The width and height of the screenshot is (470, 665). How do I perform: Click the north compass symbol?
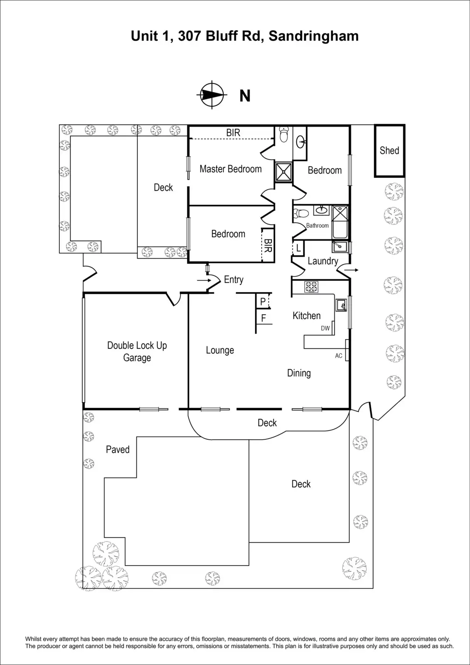tap(212, 95)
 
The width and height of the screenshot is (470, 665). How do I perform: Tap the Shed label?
tap(389, 150)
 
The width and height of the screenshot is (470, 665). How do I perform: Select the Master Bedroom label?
tap(230, 169)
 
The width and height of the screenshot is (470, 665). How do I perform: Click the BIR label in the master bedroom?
tap(233, 133)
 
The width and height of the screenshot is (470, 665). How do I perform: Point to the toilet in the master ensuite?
tap(284, 135)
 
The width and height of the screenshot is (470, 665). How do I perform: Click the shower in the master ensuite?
tap(284, 172)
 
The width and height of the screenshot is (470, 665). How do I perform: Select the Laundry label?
tap(323, 261)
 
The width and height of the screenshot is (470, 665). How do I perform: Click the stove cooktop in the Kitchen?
tap(311, 287)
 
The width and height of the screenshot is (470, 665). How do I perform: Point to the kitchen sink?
tap(342, 305)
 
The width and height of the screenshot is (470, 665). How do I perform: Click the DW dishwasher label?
tap(325, 328)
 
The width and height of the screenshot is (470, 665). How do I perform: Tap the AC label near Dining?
tap(339, 356)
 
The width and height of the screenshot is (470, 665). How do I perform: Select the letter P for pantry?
tap(263, 302)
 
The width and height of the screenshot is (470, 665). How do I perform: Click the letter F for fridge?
tap(263, 319)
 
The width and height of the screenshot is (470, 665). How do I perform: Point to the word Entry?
tap(233, 280)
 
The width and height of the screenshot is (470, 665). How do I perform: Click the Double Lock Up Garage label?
tap(137, 351)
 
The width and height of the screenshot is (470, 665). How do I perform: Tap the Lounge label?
tap(220, 350)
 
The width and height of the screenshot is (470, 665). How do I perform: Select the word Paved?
tap(117, 449)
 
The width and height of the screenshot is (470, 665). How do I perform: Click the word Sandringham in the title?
tap(313, 36)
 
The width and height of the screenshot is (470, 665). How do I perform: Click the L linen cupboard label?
tap(298, 249)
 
